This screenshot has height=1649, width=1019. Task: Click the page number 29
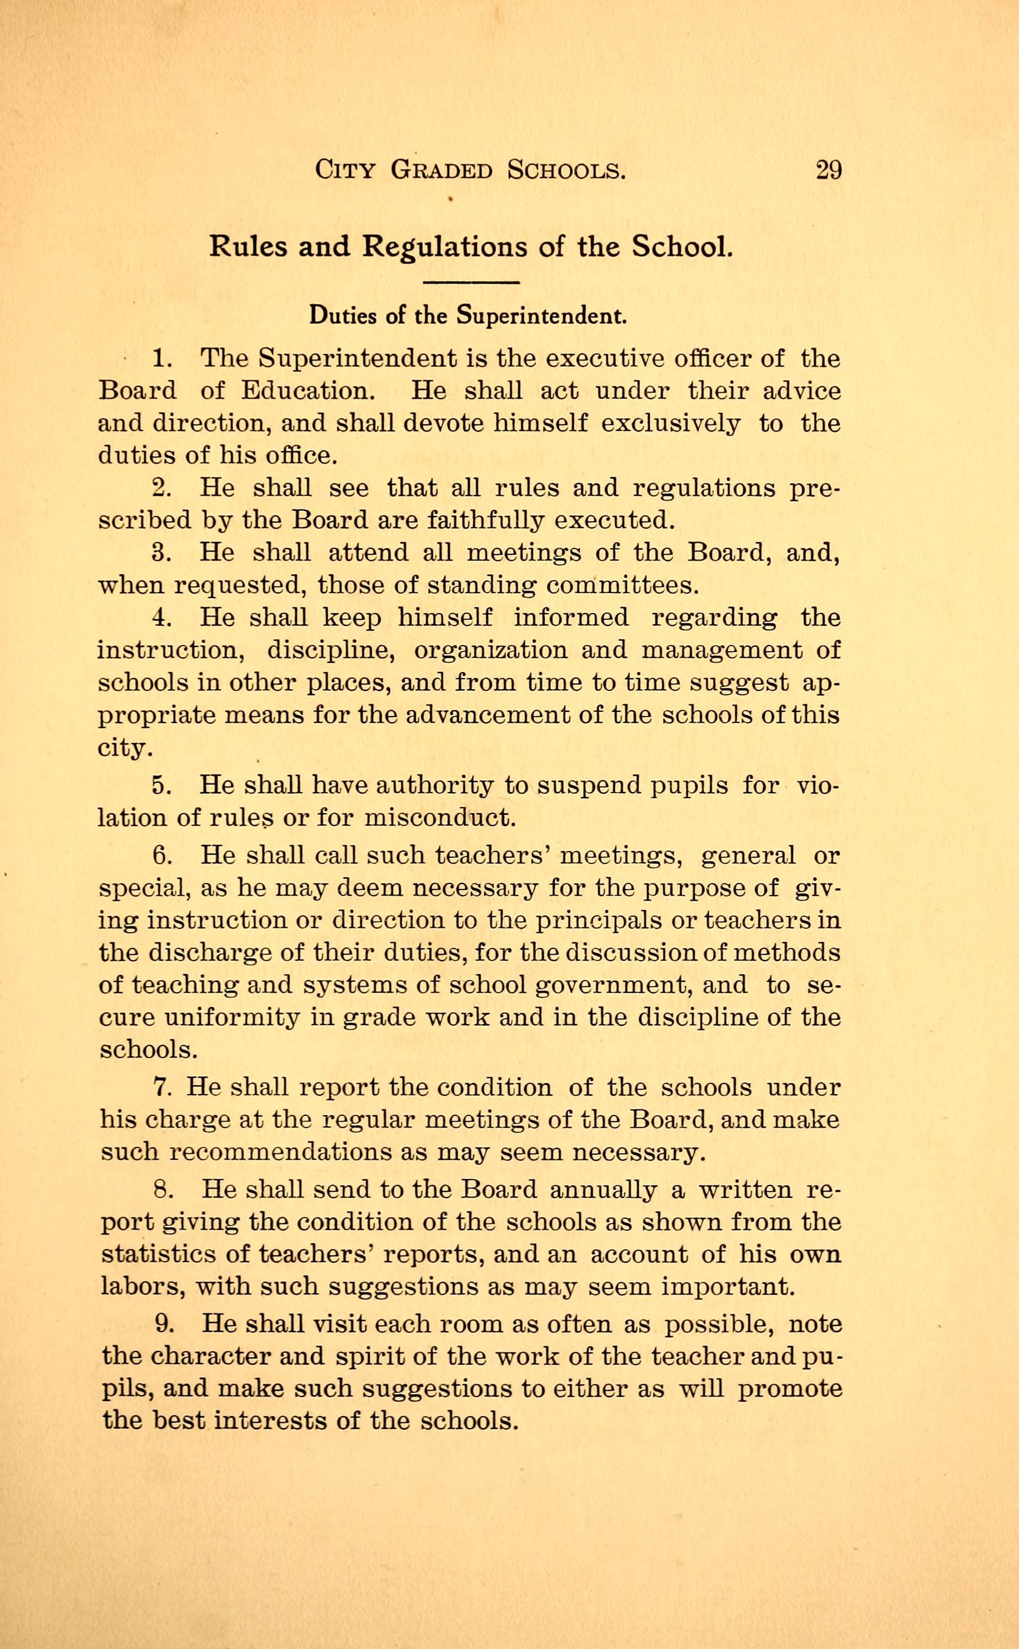point(828,170)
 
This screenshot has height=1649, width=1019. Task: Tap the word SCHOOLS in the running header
point(566,170)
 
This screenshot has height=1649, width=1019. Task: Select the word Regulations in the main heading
point(445,247)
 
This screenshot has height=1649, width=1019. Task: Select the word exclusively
point(670,424)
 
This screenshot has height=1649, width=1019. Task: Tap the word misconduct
point(440,818)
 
